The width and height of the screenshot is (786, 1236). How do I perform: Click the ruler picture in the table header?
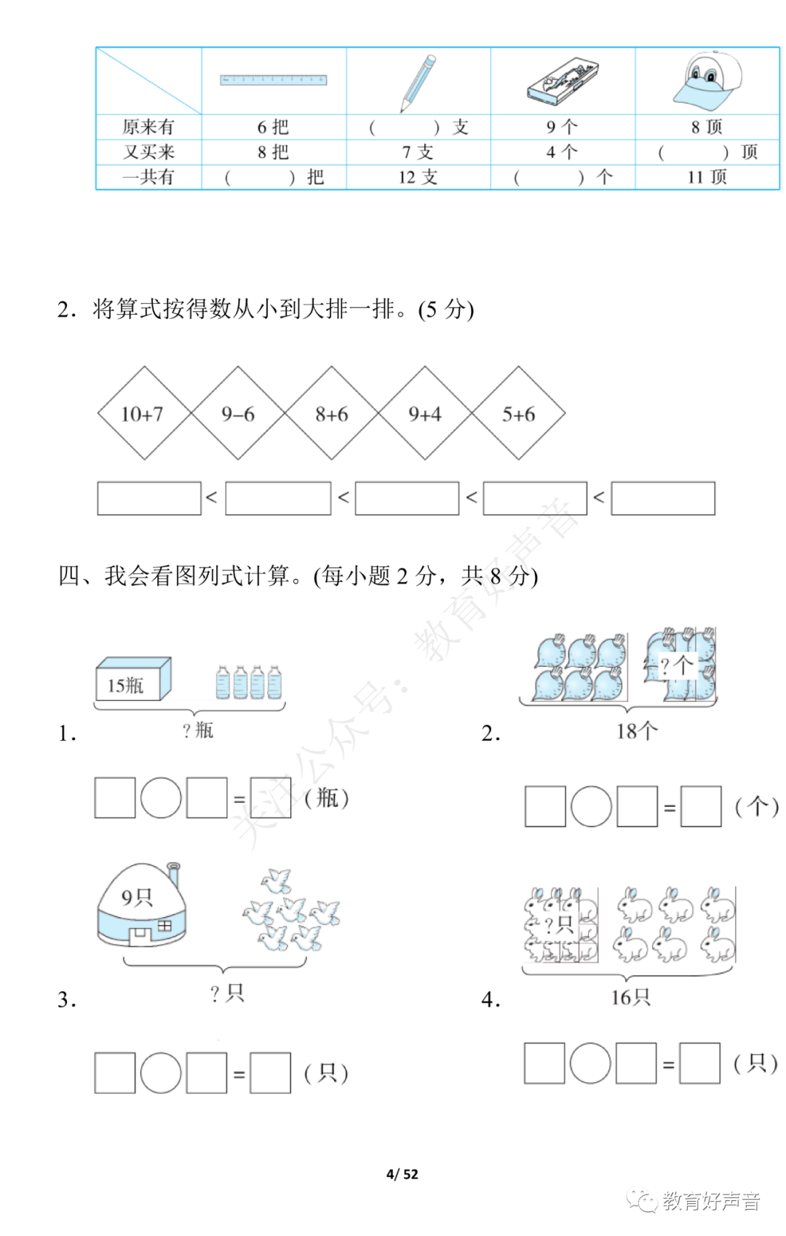pyautogui.click(x=274, y=80)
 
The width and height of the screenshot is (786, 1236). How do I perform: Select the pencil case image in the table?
pyautogui.click(x=563, y=81)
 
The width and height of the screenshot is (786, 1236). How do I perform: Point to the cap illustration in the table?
pyautogui.click(x=707, y=79)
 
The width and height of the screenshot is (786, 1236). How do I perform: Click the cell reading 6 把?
pyautogui.click(x=273, y=127)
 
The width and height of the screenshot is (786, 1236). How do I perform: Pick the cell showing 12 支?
pyautogui.click(x=418, y=177)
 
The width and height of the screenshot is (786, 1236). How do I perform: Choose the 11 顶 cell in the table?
pyautogui.click(x=707, y=177)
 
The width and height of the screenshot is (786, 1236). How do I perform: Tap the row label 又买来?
pyautogui.click(x=148, y=152)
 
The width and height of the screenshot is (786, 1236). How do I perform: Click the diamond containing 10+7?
pyautogui.click(x=144, y=414)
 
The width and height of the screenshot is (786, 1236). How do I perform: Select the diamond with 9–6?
pyautogui.click(x=238, y=414)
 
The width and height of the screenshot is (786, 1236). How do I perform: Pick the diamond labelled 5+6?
pyautogui.click(x=518, y=414)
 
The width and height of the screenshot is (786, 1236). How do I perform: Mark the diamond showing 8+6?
pyautogui.click(x=331, y=414)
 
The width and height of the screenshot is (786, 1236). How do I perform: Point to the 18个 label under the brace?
pyautogui.click(x=636, y=731)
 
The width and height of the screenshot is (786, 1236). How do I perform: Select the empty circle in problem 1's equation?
pyautogui.click(x=160, y=798)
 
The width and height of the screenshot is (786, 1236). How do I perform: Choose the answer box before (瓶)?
pyautogui.click(x=270, y=798)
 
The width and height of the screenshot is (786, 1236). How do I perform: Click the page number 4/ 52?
pyautogui.click(x=402, y=1174)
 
